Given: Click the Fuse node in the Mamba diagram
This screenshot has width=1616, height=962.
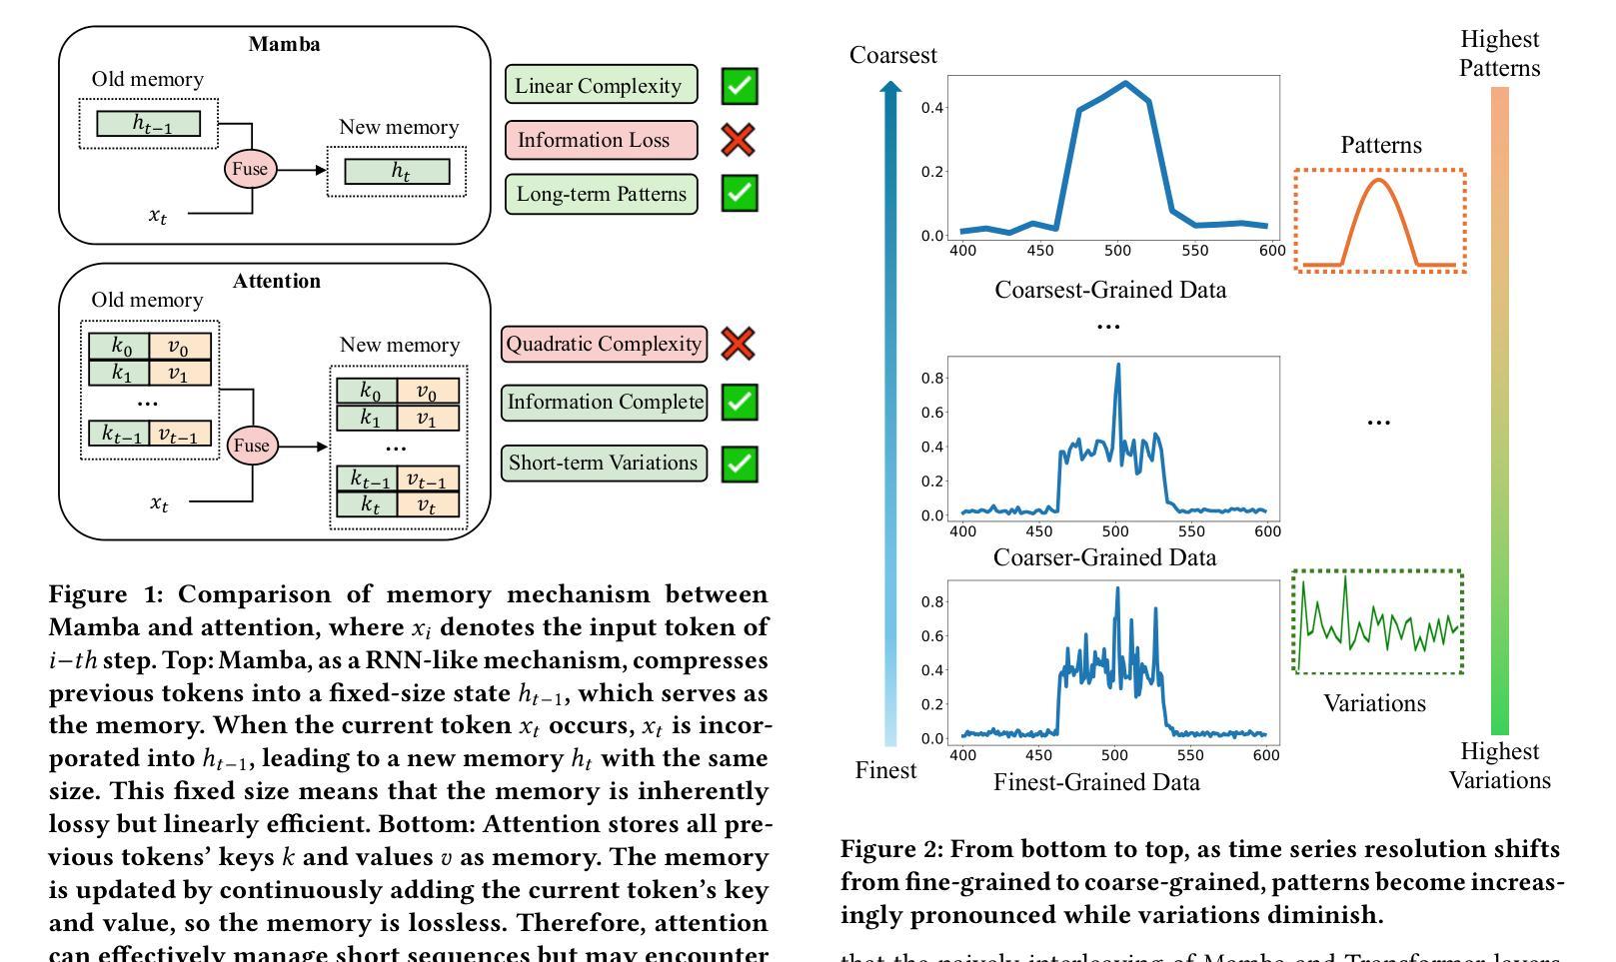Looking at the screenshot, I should pyautogui.click(x=250, y=169).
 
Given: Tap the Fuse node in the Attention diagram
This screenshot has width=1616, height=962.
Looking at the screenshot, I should pyautogui.click(x=251, y=445).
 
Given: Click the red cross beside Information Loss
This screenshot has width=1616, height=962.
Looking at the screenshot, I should pyautogui.click(x=739, y=140).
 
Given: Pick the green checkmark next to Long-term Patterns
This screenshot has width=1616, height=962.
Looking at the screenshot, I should pyautogui.click(x=740, y=193).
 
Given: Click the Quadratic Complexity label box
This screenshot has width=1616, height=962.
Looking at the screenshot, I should pyautogui.click(x=604, y=344).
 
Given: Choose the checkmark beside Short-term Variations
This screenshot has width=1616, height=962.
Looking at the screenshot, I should pyautogui.click(x=740, y=464).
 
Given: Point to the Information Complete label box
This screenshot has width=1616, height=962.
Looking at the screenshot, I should pyautogui.click(x=604, y=403).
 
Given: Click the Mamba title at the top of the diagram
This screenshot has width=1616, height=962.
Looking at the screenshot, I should pyautogui.click(x=284, y=44).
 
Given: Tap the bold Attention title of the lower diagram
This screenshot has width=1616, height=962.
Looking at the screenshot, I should pyautogui.click(x=277, y=281).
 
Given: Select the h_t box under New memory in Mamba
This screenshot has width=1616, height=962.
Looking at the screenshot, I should pyautogui.click(x=397, y=172).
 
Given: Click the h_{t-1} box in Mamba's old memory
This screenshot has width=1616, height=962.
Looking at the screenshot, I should pyautogui.click(x=149, y=124).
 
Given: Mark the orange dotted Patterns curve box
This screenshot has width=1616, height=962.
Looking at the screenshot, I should pyautogui.click(x=1380, y=221).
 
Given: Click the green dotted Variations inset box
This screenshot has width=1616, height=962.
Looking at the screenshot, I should pyautogui.click(x=1377, y=622).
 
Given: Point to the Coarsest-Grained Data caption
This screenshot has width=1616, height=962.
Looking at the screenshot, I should pyautogui.click(x=1110, y=290).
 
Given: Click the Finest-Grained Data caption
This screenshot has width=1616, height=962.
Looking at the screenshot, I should pyautogui.click(x=1096, y=782).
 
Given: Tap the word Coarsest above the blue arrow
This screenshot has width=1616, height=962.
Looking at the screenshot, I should pyautogui.click(x=892, y=56).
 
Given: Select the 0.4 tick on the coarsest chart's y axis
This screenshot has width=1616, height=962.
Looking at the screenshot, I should pyautogui.click(x=931, y=108).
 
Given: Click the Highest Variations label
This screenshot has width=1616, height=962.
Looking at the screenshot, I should pyautogui.click(x=1499, y=765).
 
